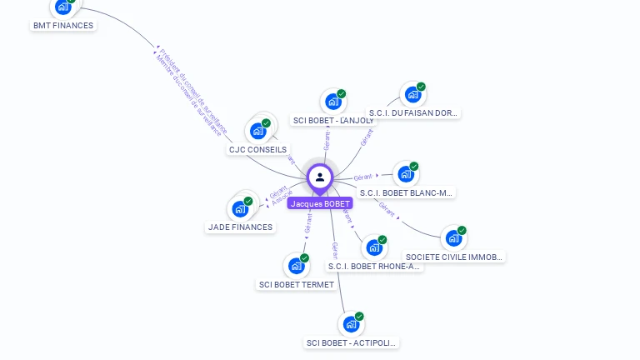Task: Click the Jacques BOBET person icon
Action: point(320,177)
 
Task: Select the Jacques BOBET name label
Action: point(320,203)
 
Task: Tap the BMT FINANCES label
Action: point(63,25)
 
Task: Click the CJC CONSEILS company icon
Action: point(258,131)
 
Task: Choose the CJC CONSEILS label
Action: point(257,150)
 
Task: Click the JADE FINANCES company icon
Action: point(240,208)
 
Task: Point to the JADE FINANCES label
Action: point(240,227)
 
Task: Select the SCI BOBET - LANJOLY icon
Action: point(333,102)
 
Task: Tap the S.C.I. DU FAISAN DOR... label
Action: point(414,112)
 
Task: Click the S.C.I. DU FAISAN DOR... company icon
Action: point(412,94)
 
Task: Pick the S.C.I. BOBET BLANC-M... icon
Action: point(406,174)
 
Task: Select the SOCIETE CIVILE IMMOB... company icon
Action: point(453,238)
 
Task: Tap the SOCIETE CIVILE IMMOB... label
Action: point(454,257)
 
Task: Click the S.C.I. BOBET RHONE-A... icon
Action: point(374,247)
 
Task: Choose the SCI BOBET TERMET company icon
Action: point(297,266)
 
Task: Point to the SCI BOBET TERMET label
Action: point(297,284)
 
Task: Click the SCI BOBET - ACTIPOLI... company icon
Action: point(352,324)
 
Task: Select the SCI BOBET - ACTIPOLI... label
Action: point(352,342)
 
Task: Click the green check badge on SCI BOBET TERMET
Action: point(305,258)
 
